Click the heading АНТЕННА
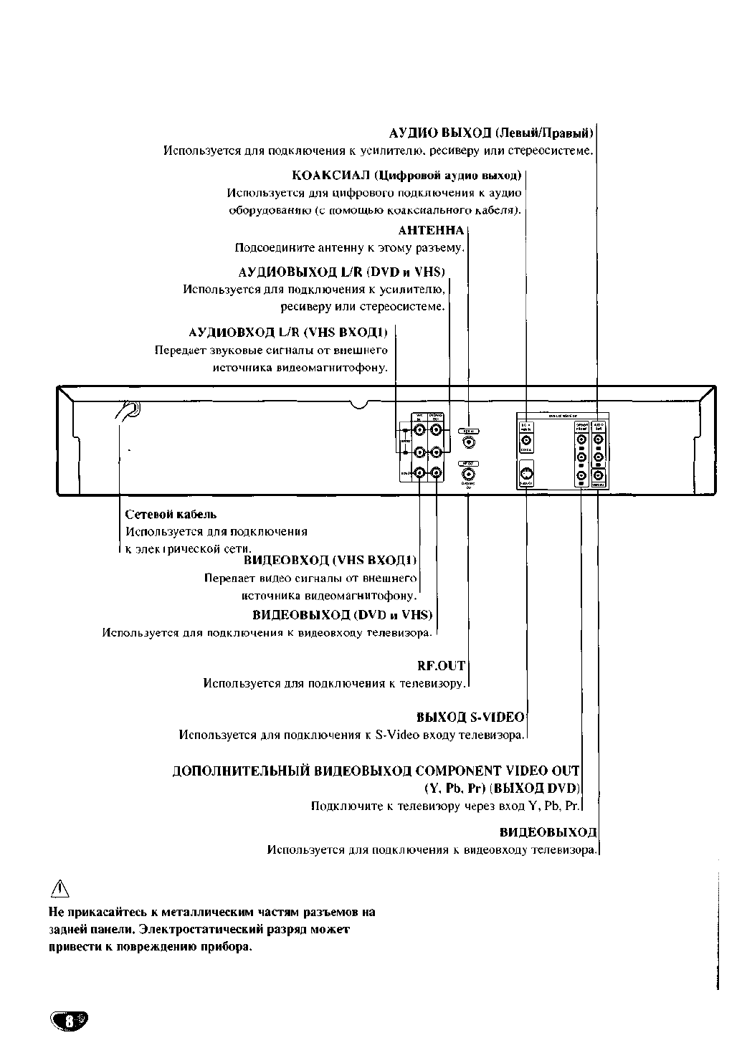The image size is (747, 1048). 431,231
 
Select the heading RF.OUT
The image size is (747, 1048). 441,666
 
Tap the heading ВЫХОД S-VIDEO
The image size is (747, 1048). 470,717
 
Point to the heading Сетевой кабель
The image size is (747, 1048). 171,514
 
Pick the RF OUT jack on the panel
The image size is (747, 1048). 468,475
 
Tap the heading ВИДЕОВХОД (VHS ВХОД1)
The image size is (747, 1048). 330,560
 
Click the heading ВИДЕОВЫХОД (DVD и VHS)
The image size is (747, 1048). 343,615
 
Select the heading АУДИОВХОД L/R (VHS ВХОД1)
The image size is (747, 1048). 288,333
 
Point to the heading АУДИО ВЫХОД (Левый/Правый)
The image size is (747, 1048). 491,133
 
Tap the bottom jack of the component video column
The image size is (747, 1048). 581,475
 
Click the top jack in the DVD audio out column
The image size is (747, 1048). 599,439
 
